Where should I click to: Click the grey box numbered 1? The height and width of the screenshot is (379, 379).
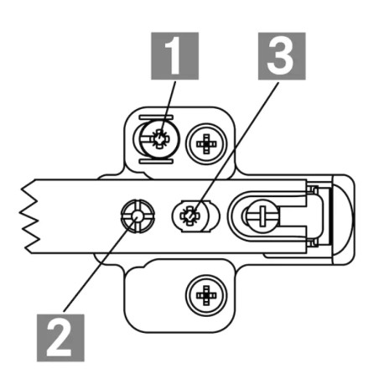(175, 56)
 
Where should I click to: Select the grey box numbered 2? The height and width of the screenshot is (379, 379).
(60, 338)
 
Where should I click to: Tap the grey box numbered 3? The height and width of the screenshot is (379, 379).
(282, 56)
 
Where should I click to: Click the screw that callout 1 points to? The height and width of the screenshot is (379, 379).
(159, 139)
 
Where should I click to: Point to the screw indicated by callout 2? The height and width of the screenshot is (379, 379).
(138, 216)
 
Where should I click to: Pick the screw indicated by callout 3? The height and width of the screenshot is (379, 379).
(189, 215)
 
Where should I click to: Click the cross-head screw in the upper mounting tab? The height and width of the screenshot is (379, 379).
(206, 143)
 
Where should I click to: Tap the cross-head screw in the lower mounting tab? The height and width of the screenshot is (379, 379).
(206, 295)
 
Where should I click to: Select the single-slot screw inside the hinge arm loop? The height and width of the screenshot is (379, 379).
(262, 215)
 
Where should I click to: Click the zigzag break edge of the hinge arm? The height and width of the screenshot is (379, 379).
(30, 216)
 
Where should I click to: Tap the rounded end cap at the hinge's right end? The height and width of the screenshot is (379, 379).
(344, 220)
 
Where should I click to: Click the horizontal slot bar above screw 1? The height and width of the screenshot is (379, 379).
(156, 117)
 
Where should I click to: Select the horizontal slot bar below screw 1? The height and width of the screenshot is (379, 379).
(156, 162)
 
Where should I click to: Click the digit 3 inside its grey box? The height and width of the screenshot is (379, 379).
(280, 56)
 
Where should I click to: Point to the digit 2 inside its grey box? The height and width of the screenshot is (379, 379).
(59, 338)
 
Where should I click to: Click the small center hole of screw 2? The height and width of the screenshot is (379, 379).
(138, 215)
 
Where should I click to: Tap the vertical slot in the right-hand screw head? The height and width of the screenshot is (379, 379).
(262, 215)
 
